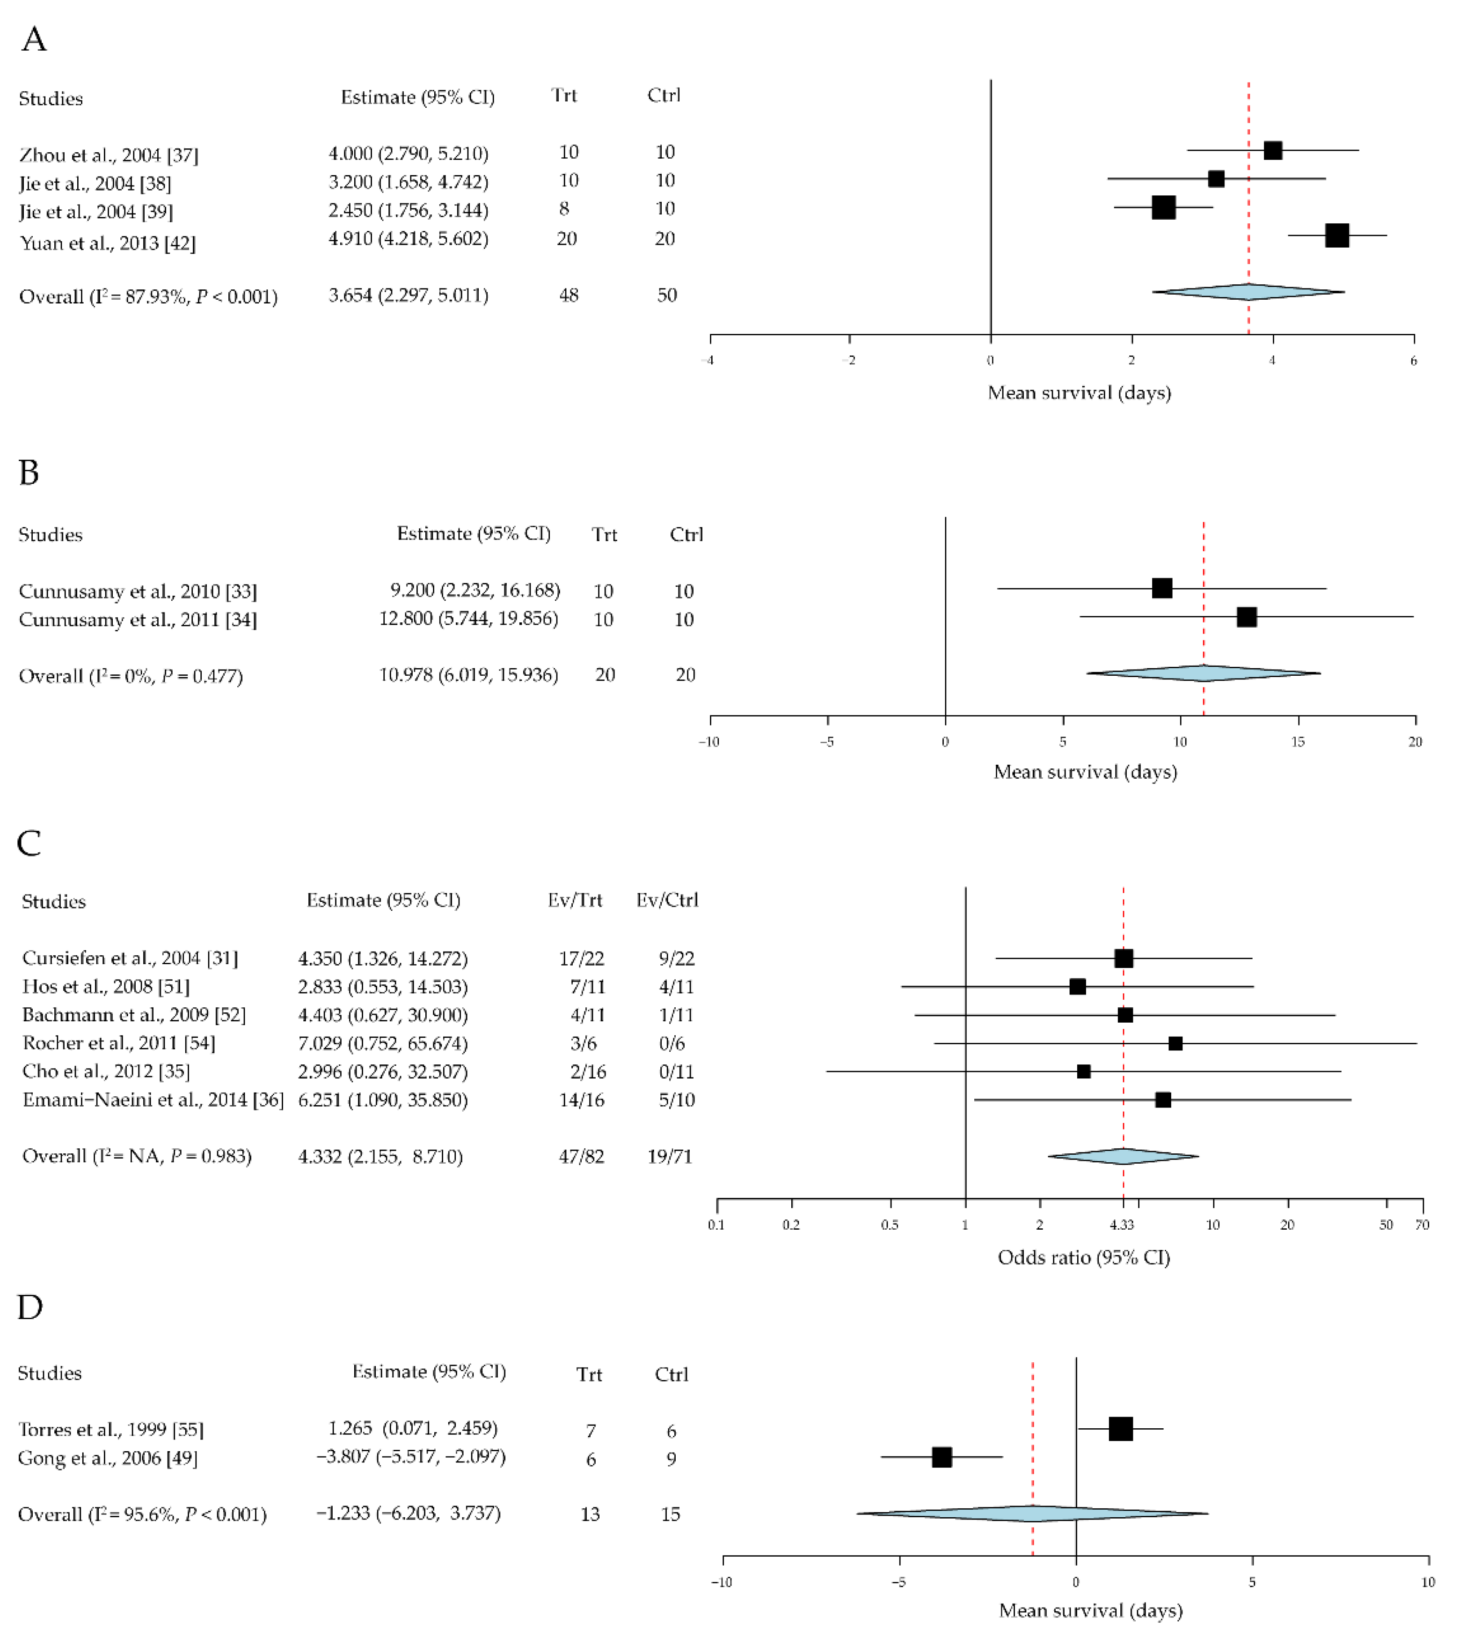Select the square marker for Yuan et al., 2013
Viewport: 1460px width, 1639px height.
click(1336, 236)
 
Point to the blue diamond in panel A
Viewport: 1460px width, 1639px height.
click(1248, 292)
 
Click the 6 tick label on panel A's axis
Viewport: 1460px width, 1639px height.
click(1414, 361)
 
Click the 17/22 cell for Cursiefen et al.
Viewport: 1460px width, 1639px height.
click(582, 959)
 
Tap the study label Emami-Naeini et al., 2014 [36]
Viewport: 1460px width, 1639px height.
click(153, 1100)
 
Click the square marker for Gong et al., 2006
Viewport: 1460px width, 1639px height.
click(942, 1458)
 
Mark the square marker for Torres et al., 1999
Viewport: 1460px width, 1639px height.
click(1121, 1429)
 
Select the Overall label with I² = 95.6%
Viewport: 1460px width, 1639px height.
click(142, 1514)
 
